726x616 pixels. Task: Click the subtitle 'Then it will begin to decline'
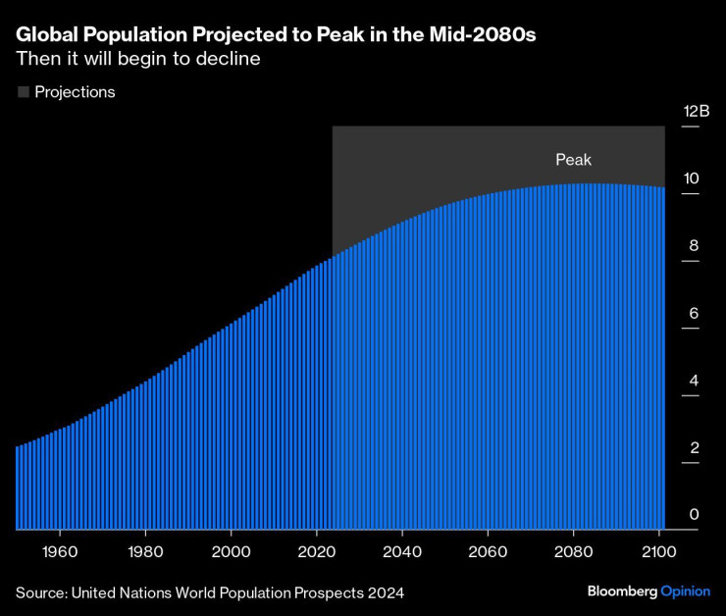point(137,59)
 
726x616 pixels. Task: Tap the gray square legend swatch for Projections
point(23,92)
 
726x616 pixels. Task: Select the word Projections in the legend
point(75,92)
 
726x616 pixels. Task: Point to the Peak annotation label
point(574,160)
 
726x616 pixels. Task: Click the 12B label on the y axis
point(696,112)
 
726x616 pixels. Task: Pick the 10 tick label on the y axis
point(692,179)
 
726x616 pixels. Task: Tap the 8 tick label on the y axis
point(694,246)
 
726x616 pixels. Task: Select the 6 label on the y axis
point(694,314)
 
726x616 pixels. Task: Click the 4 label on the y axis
point(694,381)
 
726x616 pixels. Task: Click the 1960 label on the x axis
point(60,551)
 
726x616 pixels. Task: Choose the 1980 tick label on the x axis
point(145,551)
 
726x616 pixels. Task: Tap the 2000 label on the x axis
point(232,551)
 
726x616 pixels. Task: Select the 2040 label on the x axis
point(403,551)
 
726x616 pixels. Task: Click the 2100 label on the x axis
point(660,551)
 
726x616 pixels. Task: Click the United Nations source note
point(209,592)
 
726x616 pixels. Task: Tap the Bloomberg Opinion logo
point(648,591)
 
